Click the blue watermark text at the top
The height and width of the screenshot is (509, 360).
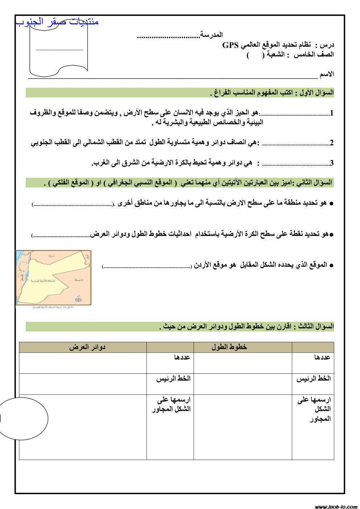point(57,22)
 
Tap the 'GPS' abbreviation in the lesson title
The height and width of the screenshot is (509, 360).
point(230,45)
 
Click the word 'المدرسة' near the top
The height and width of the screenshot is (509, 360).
point(212,35)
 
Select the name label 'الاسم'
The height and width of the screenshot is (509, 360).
point(327,74)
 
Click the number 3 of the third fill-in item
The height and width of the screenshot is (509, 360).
point(331,163)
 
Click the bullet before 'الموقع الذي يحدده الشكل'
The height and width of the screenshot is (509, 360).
point(331,265)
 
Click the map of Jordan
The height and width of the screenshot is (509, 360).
point(54,277)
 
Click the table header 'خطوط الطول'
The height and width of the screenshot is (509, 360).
point(229,347)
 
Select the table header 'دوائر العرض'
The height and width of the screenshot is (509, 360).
point(87,347)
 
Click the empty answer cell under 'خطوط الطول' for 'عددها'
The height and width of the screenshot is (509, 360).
point(243,363)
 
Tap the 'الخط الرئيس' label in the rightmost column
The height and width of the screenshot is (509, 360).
point(314,378)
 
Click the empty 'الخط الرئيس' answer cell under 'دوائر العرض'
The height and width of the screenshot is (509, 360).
point(83,384)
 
